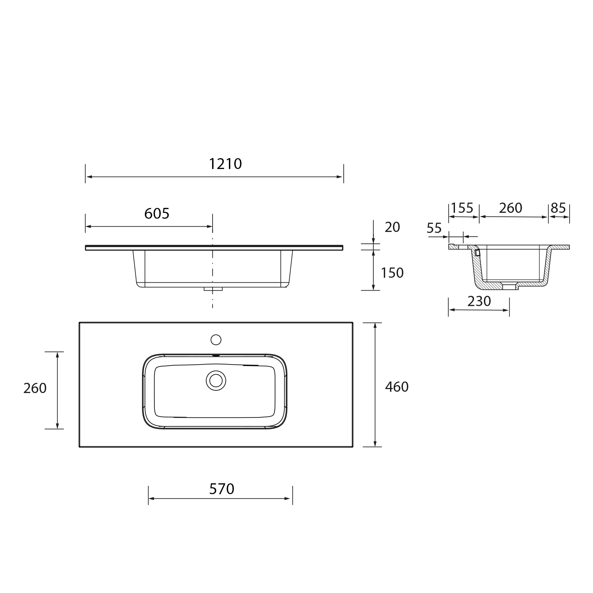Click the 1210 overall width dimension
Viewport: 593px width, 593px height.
click(x=226, y=164)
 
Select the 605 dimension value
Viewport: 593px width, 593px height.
click(x=157, y=213)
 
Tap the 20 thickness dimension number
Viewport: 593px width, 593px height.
click(x=392, y=227)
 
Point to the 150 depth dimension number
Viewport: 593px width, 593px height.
click(x=392, y=273)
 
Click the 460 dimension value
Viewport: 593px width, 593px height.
click(x=397, y=387)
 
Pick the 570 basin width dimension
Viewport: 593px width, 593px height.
click(x=222, y=489)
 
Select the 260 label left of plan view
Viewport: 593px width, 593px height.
click(x=35, y=388)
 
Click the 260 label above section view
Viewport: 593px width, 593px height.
click(x=511, y=208)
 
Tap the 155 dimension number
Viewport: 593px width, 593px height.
click(x=462, y=208)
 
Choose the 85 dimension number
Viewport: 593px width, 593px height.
click(x=558, y=208)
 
